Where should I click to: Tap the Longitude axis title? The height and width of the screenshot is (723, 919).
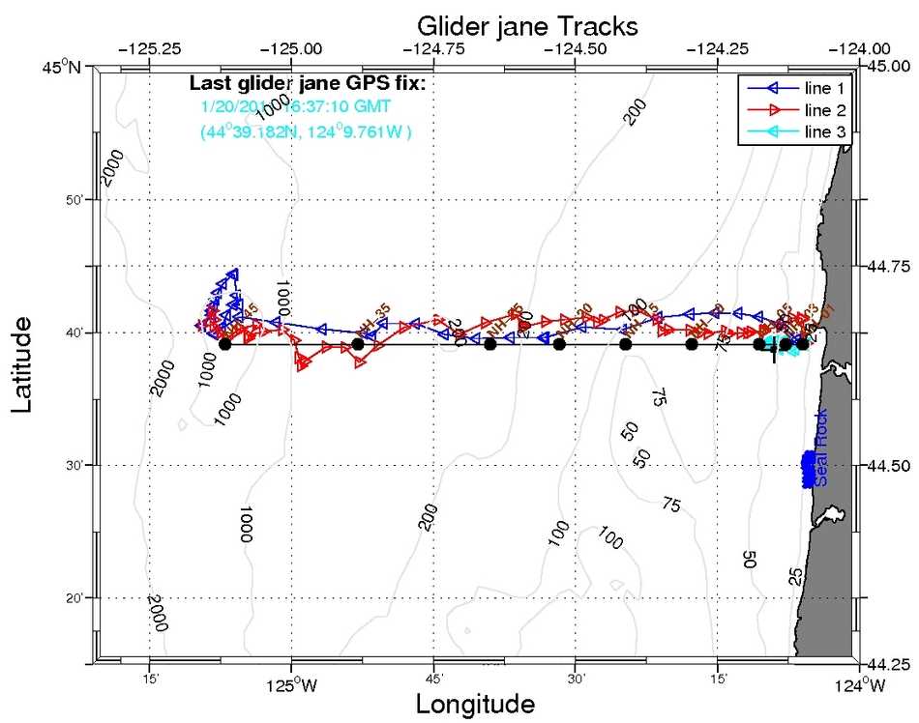[475, 704]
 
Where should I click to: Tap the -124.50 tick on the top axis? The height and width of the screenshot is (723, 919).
[575, 46]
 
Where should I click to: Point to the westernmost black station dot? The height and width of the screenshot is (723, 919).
[225, 344]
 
